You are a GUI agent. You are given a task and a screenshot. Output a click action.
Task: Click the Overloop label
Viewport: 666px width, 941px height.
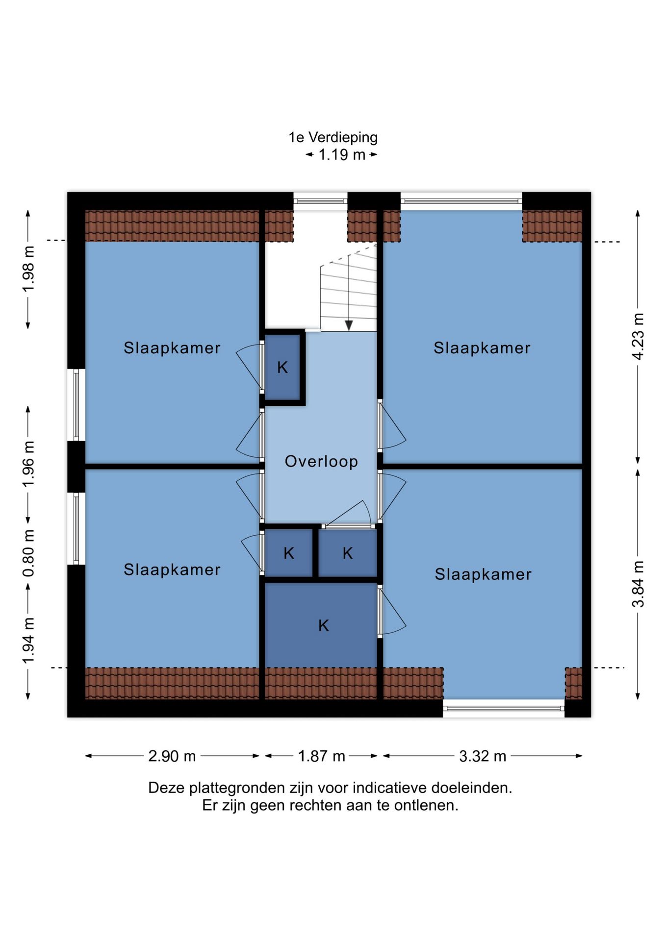[321, 461]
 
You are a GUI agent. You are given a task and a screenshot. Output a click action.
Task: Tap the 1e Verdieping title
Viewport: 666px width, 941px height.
[333, 137]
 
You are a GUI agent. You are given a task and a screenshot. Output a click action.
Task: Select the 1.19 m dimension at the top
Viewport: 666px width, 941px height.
[342, 155]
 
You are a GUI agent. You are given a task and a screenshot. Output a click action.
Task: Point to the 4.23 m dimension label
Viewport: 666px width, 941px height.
[638, 336]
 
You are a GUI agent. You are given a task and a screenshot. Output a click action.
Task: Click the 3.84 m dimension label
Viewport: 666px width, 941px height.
[638, 584]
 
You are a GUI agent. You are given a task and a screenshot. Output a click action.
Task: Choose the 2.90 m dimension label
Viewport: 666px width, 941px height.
[172, 756]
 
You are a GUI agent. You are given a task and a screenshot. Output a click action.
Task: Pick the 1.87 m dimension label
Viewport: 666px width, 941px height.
[322, 756]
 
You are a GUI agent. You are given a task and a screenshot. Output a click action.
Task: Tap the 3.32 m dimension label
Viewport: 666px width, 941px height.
[483, 756]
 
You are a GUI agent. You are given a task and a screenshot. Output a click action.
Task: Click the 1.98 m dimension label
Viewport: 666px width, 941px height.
[28, 269]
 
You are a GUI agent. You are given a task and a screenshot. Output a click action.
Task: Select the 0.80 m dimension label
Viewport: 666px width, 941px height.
[28, 553]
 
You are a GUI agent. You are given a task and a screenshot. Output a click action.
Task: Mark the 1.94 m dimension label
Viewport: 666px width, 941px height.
[28, 641]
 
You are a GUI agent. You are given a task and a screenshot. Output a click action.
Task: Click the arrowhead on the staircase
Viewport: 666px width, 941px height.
[349, 325]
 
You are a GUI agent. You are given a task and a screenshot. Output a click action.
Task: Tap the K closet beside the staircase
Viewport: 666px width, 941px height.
[282, 367]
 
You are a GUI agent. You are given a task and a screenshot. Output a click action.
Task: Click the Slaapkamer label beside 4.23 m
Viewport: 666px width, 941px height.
[482, 348]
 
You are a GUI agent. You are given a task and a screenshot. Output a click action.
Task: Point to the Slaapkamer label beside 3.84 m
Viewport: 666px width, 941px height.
[483, 574]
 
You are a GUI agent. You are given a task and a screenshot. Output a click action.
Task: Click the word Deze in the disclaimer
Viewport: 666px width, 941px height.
[166, 788]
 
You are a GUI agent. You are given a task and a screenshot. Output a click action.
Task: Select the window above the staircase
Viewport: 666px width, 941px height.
[320, 201]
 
